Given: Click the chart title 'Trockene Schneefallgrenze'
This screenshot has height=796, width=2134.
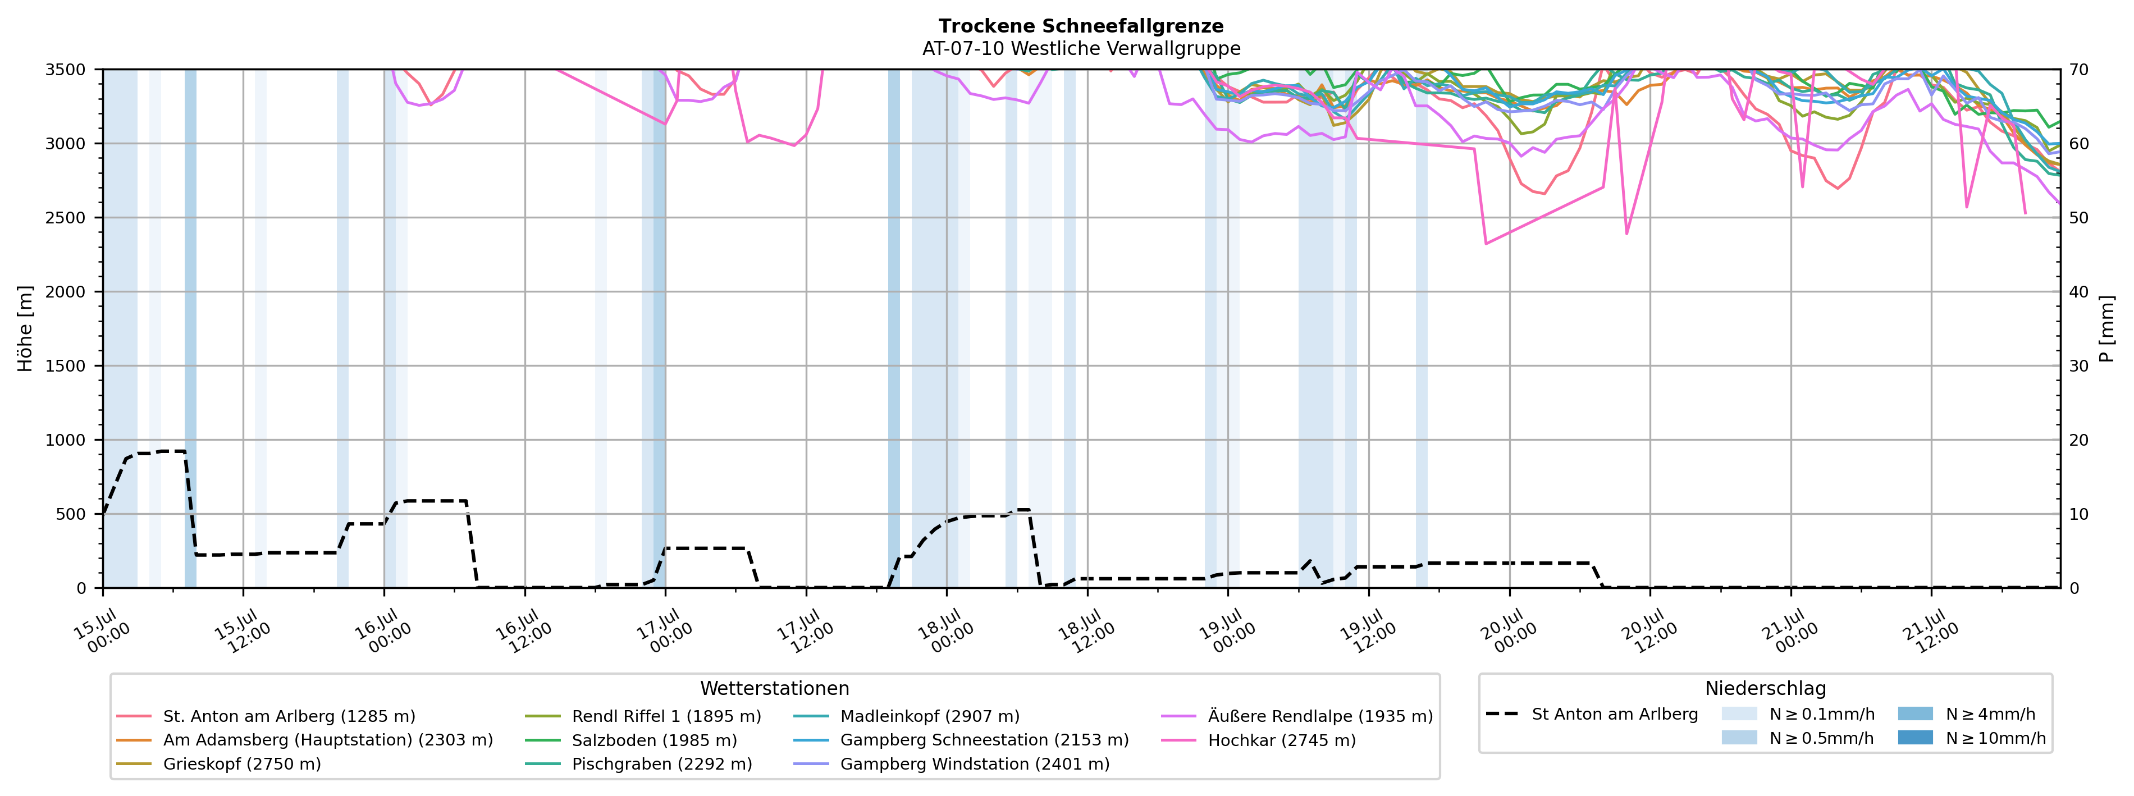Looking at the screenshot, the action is coord(1081,26).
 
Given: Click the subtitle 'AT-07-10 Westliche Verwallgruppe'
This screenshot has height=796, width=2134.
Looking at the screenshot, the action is coord(1081,49).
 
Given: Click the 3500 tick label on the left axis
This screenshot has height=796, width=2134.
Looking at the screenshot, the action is coord(66,70).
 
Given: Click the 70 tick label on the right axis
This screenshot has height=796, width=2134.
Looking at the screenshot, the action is coord(2080,70).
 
